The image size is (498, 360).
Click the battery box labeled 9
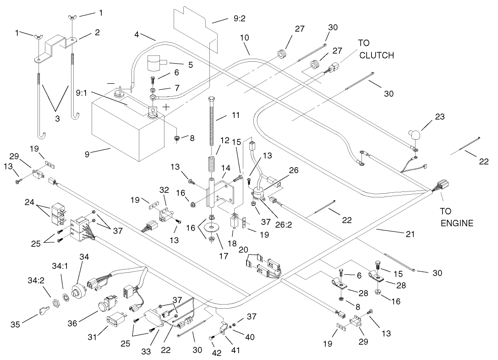(x=124, y=128)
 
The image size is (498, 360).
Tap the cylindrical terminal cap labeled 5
(x=157, y=63)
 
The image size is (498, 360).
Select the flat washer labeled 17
(x=212, y=227)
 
